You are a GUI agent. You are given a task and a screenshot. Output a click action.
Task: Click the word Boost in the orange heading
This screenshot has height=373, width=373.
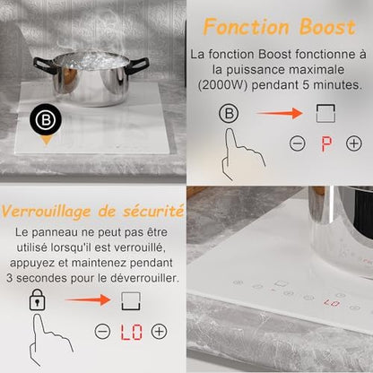click(x=327, y=27)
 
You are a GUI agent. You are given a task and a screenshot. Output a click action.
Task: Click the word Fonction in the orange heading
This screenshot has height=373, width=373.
click(x=247, y=27)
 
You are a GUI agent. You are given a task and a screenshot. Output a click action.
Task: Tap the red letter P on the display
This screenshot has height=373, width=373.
click(x=326, y=144)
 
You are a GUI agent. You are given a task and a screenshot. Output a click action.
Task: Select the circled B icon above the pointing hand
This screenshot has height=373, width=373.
click(x=229, y=114)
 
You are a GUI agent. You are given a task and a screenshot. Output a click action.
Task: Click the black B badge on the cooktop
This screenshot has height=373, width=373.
click(x=46, y=119)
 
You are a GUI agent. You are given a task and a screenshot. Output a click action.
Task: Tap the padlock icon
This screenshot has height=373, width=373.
click(x=37, y=299)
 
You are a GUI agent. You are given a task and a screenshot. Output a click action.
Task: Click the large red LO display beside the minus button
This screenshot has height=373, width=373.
click(x=131, y=332)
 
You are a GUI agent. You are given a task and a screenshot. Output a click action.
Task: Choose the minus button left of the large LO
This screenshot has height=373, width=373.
click(x=102, y=331)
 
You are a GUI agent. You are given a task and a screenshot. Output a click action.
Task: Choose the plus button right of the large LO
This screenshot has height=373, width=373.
click(x=159, y=331)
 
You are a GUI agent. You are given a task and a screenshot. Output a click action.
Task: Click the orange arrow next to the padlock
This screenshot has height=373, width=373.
click(x=88, y=299)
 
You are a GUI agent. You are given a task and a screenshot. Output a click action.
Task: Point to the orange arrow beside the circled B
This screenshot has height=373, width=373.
click(x=280, y=113)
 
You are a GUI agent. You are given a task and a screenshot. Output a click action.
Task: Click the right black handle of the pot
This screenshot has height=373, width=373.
click(x=138, y=64)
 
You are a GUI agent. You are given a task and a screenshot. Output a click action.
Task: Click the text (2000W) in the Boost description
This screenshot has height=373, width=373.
click(x=222, y=85)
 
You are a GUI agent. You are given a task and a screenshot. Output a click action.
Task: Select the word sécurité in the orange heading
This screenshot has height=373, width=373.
click(x=153, y=212)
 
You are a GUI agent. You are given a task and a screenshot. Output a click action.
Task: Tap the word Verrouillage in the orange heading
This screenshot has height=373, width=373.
click(x=46, y=213)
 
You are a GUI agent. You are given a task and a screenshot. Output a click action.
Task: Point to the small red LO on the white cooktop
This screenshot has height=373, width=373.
click(x=332, y=303)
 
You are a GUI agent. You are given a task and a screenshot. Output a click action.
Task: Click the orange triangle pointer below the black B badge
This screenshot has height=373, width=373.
click(x=47, y=140)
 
